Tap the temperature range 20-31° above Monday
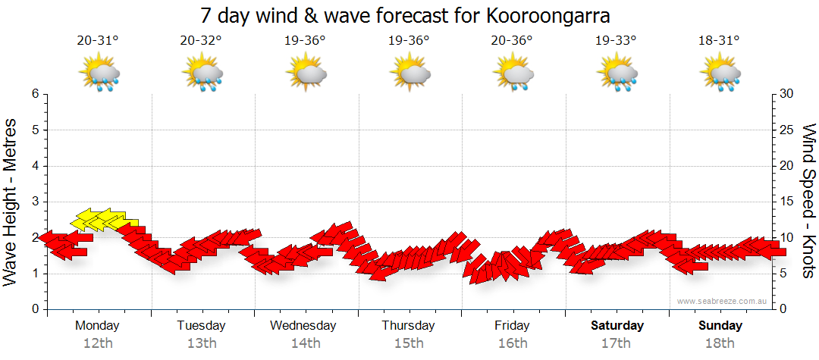(98, 41)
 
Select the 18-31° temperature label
(719, 41)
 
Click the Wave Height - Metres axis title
(11, 202)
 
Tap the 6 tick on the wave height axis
(34, 94)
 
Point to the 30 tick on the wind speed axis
(787, 94)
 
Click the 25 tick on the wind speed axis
(787, 130)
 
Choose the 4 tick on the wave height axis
(34, 166)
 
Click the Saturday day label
(617, 326)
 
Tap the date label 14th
(306, 343)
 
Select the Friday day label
(513, 326)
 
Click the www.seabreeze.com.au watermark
(723, 302)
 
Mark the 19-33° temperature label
(616, 41)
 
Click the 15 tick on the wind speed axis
(787, 202)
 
